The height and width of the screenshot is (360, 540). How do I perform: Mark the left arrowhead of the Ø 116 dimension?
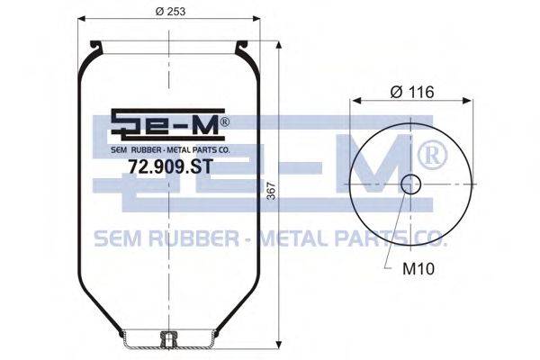click(353, 101)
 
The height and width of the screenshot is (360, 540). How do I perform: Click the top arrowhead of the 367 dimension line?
click(279, 42)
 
